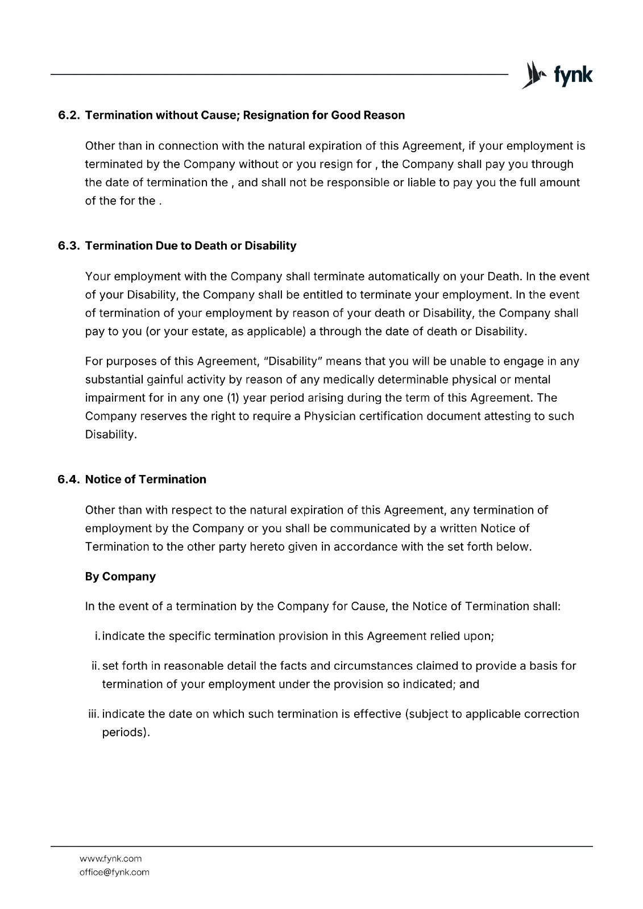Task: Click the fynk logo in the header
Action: click(557, 75)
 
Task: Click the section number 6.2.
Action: click(69, 115)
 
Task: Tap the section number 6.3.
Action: click(69, 246)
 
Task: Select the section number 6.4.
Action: click(69, 479)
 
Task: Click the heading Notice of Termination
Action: click(146, 479)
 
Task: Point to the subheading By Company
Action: click(120, 577)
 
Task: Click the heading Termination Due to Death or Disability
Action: click(190, 246)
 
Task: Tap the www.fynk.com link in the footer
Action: click(110, 858)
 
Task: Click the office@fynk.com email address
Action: click(114, 872)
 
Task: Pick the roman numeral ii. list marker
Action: click(96, 666)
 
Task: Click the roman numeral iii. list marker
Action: click(94, 714)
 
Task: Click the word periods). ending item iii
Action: click(126, 732)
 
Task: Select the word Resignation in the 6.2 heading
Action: click(276, 115)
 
